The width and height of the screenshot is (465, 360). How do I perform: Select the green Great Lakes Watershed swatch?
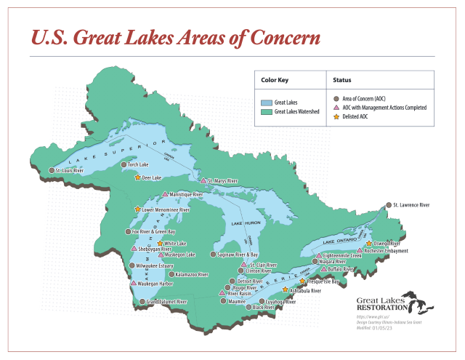(x=266, y=113)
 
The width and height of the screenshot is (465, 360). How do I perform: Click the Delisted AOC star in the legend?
(x=336, y=116)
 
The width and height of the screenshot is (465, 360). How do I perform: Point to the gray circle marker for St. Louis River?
(x=52, y=171)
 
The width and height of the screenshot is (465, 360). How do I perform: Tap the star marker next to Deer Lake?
(x=137, y=177)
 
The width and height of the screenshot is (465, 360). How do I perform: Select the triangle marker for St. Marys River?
(x=203, y=180)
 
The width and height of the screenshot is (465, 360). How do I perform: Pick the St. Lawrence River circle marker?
(x=389, y=206)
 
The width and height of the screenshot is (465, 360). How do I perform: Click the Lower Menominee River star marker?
(x=137, y=209)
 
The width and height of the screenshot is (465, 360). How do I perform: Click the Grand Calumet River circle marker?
(x=142, y=302)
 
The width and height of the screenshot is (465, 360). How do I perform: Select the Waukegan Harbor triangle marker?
(x=134, y=284)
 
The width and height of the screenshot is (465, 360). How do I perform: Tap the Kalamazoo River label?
(x=192, y=275)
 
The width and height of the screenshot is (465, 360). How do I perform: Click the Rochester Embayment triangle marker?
(x=360, y=251)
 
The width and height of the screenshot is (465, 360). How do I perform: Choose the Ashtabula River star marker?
(x=285, y=290)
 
